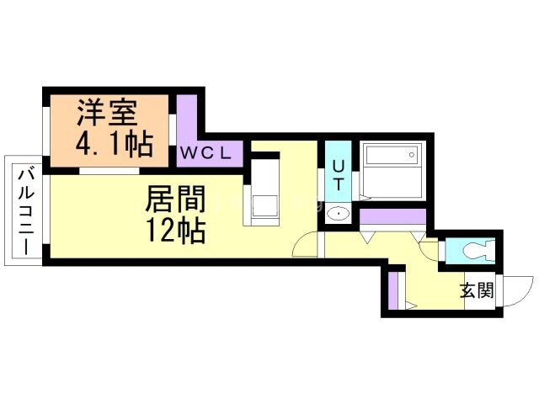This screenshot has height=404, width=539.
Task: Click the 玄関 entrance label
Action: pyautogui.click(x=476, y=291)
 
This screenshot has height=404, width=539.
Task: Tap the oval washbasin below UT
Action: pyautogui.click(x=338, y=213)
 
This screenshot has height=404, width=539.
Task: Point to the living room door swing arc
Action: pyautogui.click(x=306, y=246)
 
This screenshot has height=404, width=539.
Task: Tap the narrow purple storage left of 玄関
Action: pyautogui.click(x=392, y=289)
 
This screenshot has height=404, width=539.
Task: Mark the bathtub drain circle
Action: pyautogui.click(x=409, y=154)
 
